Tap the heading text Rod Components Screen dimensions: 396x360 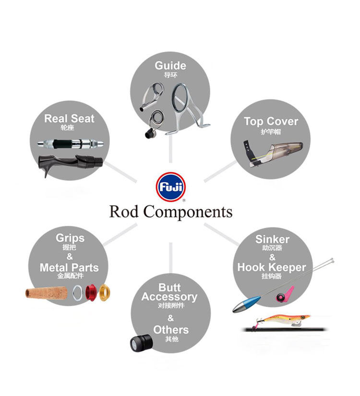pos(170,211)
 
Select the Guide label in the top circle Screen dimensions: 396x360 pos(170,65)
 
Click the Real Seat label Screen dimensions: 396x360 pos(70,119)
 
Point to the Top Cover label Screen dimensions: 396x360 pos(271,122)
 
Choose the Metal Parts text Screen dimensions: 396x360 pos(69,268)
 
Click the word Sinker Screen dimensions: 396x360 pos(272,239)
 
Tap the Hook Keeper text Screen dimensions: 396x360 pos(272,267)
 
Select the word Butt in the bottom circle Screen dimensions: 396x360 pos(169,287)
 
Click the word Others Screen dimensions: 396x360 pos(171,330)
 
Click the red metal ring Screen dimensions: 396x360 pos(90,292)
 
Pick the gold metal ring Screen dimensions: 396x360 pos(105,292)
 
